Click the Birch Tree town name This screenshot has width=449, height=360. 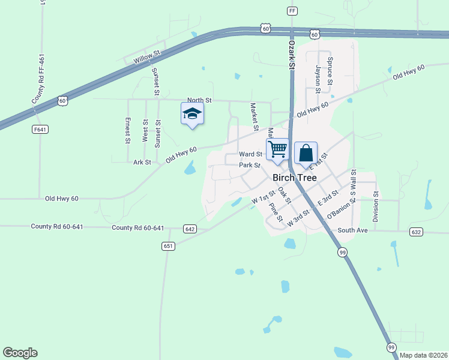(295, 178)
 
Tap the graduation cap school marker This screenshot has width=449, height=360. (192, 114)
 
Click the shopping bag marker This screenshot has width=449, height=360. (306, 153)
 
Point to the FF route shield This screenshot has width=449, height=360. (292, 11)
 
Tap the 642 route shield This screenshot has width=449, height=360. (190, 229)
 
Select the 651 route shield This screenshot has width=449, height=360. (168, 246)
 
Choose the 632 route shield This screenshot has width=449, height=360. (416, 232)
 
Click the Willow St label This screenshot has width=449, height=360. (147, 55)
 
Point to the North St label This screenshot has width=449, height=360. (199, 101)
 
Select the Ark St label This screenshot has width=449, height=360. (142, 162)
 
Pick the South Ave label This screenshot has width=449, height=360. (352, 230)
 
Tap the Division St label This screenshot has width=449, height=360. (376, 207)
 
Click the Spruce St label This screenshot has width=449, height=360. (330, 71)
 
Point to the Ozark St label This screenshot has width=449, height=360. (292, 53)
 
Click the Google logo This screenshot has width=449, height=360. (20, 353)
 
